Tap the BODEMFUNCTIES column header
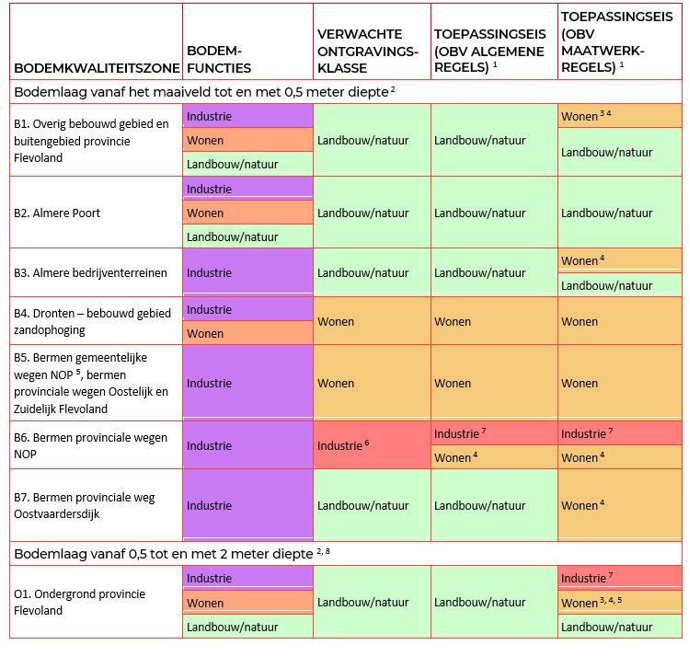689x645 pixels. [219, 59]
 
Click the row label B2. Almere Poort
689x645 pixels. [57, 213]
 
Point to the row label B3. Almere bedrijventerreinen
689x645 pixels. [90, 272]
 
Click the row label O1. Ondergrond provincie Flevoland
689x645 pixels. [81, 602]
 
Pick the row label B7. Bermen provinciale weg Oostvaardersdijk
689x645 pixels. [85, 505]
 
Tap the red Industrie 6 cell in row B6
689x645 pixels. [372, 445]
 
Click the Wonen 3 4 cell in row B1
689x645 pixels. [619, 116]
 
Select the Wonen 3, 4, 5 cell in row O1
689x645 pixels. [619, 603]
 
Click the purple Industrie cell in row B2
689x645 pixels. [247, 189]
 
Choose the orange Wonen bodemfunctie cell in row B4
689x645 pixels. [247, 333]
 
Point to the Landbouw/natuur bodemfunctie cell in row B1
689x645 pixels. [247, 164]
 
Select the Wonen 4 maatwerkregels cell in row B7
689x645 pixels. [619, 504]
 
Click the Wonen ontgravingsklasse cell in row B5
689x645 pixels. [372, 383]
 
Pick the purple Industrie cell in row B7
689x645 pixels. [247, 505]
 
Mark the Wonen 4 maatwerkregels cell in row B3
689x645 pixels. [619, 260]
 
